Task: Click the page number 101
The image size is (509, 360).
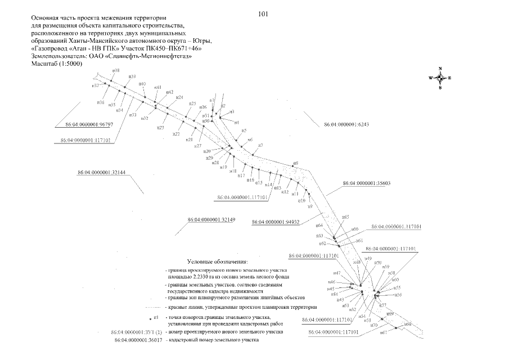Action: [263, 13]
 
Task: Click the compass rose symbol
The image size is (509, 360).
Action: [440, 78]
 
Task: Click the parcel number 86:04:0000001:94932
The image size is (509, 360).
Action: [274, 222]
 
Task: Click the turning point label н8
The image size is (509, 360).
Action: [296, 164]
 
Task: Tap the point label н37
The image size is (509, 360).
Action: [96, 85]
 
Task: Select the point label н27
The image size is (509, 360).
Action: [198, 146]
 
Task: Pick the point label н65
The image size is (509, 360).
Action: [346, 217]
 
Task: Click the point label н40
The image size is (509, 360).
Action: [142, 84]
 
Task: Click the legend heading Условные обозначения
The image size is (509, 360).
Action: [217, 262]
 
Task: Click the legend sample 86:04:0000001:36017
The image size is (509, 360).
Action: [138, 340]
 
